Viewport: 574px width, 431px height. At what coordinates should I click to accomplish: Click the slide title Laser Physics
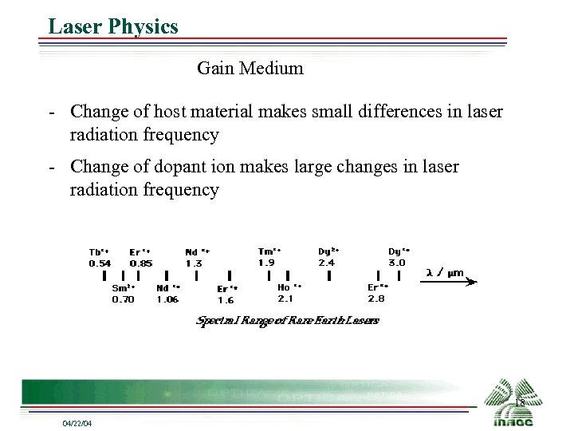coord(112,26)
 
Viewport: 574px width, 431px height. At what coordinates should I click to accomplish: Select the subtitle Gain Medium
coord(250,68)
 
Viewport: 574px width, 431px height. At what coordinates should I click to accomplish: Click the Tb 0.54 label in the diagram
coord(100,256)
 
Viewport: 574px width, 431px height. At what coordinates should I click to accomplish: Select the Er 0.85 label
coord(140,256)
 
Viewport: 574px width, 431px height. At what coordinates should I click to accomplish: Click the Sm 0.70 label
coord(124,293)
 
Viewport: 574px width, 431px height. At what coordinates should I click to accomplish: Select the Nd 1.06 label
coord(168,293)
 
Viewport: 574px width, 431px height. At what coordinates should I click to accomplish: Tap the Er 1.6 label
coord(227,295)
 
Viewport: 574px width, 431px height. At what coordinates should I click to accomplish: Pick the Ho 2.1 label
coord(288,292)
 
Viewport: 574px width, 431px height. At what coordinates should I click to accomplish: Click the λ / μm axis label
coord(445,272)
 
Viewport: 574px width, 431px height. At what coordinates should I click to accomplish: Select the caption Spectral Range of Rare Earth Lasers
coord(288,320)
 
